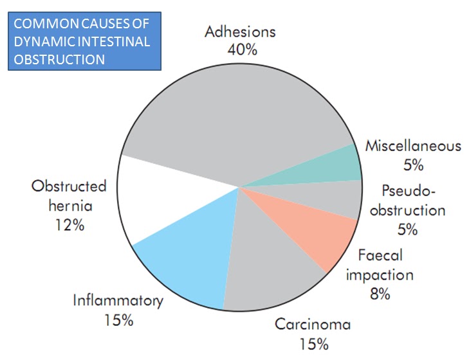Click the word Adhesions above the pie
coord(240,31)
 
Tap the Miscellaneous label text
coord(413,145)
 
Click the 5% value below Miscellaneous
coord(413,165)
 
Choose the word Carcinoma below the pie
coord(313,324)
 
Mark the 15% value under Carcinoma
coord(313,343)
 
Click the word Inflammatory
coord(118,300)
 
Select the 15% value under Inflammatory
coord(118,319)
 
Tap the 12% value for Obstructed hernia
coord(69,226)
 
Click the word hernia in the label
coord(69,206)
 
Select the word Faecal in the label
coord(380,255)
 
